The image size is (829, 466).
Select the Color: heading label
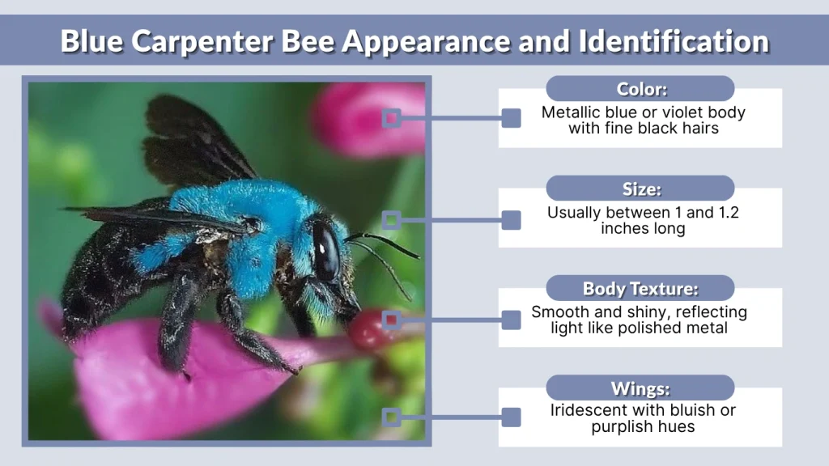pos(640,89)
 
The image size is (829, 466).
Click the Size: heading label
pos(640,189)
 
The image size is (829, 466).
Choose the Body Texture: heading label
pos(640,289)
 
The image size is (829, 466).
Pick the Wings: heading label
pos(640,388)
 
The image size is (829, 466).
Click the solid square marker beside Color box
pos(511,119)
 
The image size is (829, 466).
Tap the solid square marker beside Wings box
pos(511,417)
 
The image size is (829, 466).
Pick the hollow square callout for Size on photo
pos(392,219)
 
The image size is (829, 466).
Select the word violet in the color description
pos(678,113)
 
